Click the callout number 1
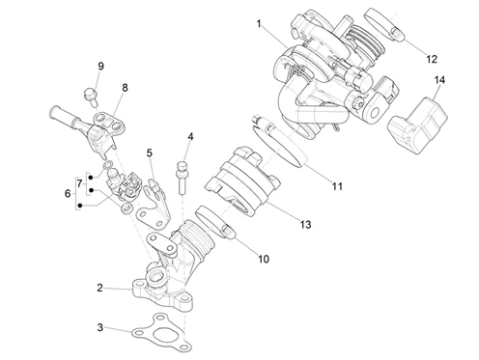pos(259,21)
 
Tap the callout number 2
pos(99,288)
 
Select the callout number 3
pos(99,328)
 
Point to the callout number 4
pos(189,137)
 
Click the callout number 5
pos(150,152)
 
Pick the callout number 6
pos(67,193)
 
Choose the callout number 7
pos(80,182)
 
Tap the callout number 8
pos(124,88)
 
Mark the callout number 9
pos(99,66)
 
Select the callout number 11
pos(337,184)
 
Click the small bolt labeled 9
pos(90,95)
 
